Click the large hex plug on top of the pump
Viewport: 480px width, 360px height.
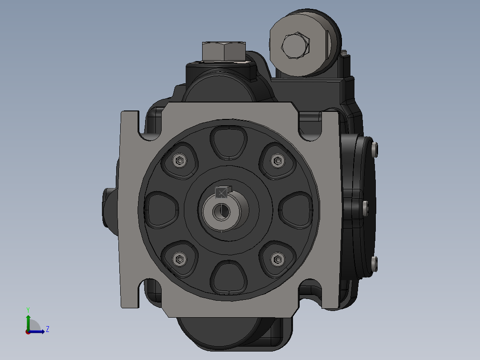pos(224,51)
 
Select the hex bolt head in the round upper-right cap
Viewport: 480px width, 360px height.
pos(296,45)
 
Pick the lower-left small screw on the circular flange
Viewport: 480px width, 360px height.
pos(179,258)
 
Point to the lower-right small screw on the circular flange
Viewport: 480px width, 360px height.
pos(278,258)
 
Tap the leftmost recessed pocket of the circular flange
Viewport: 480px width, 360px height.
pos(161,209)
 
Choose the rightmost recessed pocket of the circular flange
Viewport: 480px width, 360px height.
pos(296,209)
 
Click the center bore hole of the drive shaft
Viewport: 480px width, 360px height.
pos(220,211)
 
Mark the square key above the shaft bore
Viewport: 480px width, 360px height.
pos(221,192)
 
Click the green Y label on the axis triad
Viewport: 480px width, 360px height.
pos(28,309)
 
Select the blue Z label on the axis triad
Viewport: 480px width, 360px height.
pos(47,329)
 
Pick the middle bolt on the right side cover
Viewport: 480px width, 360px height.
pos(366,207)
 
